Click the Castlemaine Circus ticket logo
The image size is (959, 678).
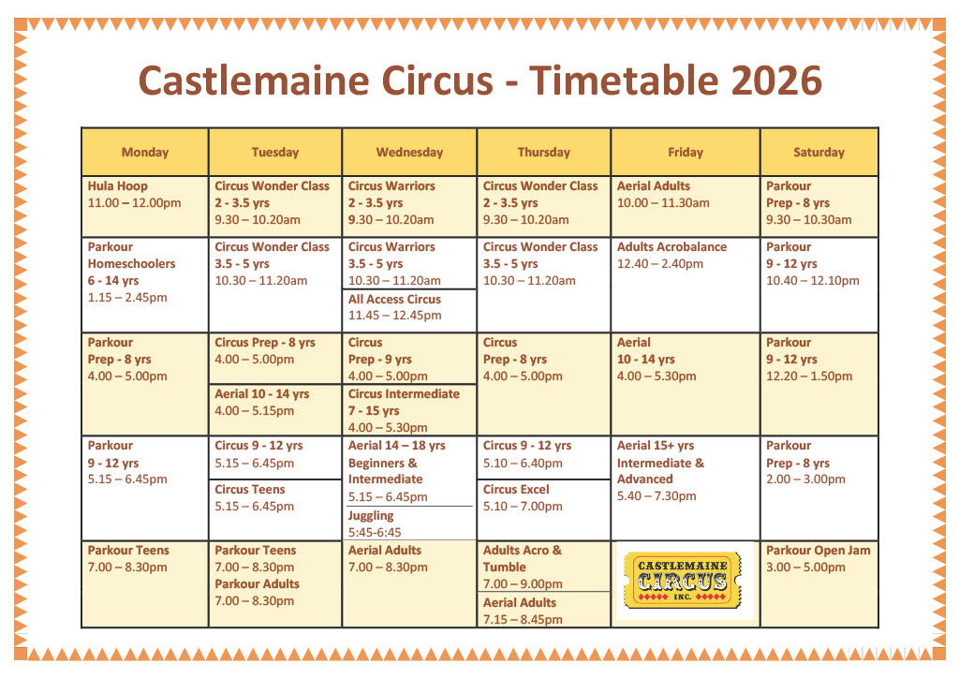[x=683, y=581]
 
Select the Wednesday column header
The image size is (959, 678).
[x=409, y=153]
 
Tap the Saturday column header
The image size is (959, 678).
[x=819, y=153]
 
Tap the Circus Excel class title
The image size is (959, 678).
[x=516, y=489]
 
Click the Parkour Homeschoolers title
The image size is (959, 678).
[x=131, y=255]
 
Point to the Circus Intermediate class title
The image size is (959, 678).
[x=404, y=393]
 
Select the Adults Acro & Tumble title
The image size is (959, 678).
[x=522, y=558]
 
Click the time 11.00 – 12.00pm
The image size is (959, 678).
[x=134, y=203]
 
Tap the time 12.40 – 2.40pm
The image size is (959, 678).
[x=660, y=263]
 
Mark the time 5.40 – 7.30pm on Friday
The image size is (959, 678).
[x=657, y=495]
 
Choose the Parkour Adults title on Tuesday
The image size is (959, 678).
[x=257, y=583]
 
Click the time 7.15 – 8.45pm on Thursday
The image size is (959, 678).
[x=523, y=619]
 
